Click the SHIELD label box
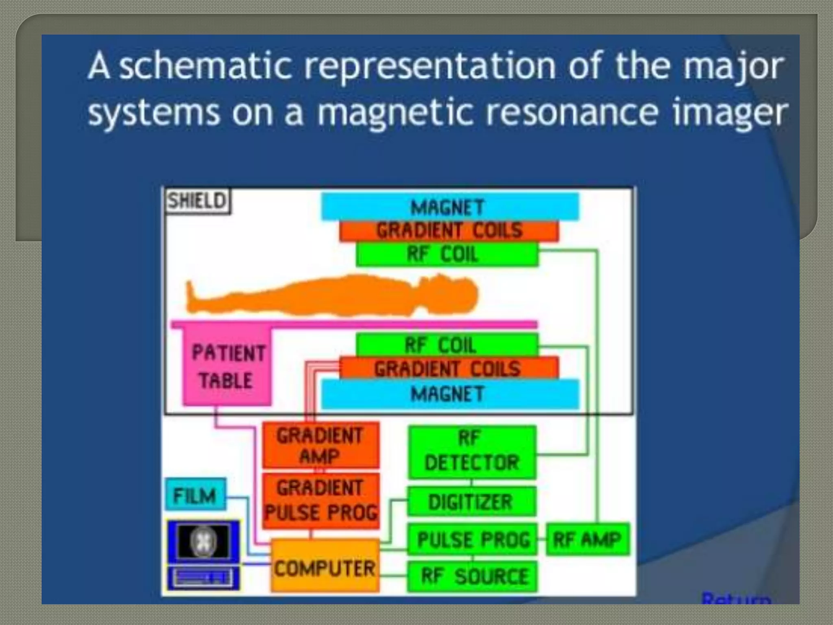coord(197,201)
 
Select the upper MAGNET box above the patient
coord(449,207)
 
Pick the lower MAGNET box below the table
coord(449,394)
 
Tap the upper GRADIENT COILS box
coord(449,230)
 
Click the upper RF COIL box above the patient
coord(447,255)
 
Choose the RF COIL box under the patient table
coord(447,345)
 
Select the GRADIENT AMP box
coord(321,445)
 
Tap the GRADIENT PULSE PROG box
coord(321,500)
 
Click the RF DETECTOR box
coord(472,452)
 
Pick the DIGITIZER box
coord(471,501)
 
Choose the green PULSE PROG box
coord(472,540)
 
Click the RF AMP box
coord(587,540)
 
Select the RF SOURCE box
coord(472,576)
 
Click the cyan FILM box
coord(195,495)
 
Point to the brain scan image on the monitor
coord(203,541)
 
